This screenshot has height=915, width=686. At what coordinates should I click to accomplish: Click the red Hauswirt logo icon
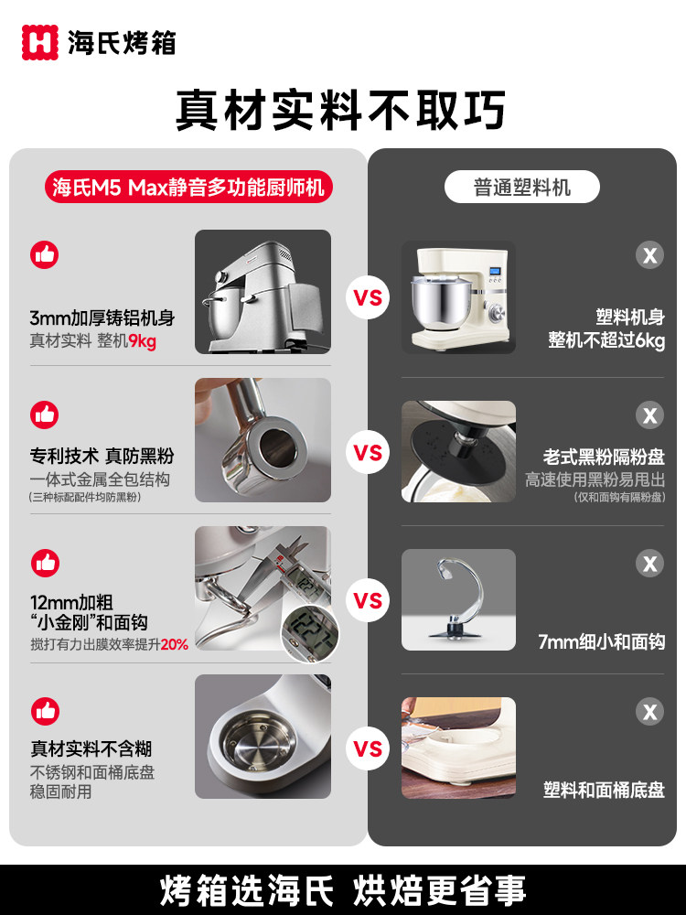[x=40, y=41]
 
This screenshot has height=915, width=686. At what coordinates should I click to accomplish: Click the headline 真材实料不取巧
[x=341, y=110]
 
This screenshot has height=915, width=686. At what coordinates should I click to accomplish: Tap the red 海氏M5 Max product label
[x=188, y=188]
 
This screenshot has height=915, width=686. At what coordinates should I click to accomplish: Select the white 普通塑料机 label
[x=521, y=188]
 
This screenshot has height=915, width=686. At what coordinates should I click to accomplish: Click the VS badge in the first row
[x=368, y=297]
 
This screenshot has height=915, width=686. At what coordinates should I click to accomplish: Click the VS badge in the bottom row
[x=368, y=748]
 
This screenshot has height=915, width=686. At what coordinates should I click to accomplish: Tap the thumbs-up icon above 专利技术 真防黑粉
[x=44, y=414]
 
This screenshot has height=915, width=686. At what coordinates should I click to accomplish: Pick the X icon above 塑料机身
[x=649, y=254]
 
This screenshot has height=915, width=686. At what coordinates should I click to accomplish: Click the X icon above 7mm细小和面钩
[x=649, y=563]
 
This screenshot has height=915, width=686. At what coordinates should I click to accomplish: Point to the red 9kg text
[x=142, y=341]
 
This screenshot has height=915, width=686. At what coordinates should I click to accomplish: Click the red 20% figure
[x=174, y=644]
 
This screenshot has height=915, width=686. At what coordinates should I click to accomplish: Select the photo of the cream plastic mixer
[x=458, y=297]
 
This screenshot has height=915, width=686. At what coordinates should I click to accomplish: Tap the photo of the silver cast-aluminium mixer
[x=263, y=292]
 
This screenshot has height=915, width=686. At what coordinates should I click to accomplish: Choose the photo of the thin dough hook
[x=458, y=600]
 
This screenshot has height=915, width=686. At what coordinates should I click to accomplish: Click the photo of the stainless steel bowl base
[x=263, y=737]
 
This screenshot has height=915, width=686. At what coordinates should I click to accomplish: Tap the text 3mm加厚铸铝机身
[x=102, y=318]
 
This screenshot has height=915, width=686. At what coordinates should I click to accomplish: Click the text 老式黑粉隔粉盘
[x=604, y=456]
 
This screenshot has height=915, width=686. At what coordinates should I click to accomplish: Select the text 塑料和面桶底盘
[x=604, y=790]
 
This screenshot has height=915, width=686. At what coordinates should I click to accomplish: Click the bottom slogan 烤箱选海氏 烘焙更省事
[x=343, y=889]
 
